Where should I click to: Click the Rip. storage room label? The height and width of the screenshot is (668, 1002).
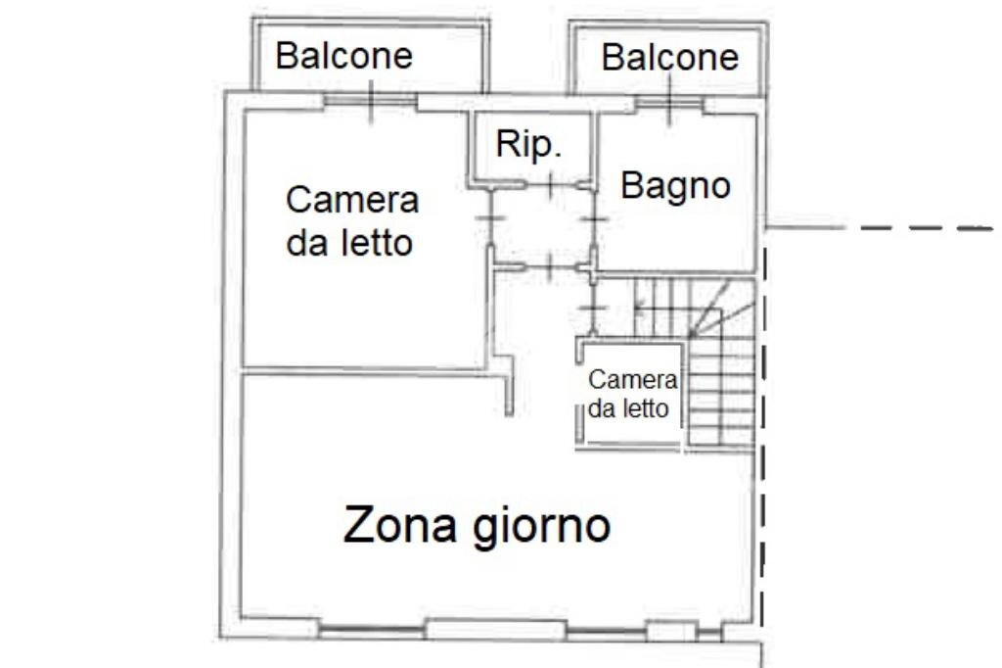[x=529, y=144]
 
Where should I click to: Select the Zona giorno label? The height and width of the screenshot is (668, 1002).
[x=477, y=526]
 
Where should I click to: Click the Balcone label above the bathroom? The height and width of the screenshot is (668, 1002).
[x=669, y=57]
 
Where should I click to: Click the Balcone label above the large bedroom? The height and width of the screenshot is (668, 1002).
[x=343, y=55]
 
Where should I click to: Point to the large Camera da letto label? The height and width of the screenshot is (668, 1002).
[x=351, y=220]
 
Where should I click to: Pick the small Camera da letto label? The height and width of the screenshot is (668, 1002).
[x=632, y=395]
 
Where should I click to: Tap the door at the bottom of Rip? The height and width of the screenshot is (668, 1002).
[x=550, y=183]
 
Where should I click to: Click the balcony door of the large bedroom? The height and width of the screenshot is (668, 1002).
[x=370, y=102]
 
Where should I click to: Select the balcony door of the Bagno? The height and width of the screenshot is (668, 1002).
[x=669, y=103]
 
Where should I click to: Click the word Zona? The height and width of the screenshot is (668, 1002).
[x=400, y=526]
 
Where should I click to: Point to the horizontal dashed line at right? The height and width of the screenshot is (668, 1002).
[x=920, y=228]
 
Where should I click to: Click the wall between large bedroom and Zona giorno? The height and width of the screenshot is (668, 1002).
[x=362, y=370]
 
